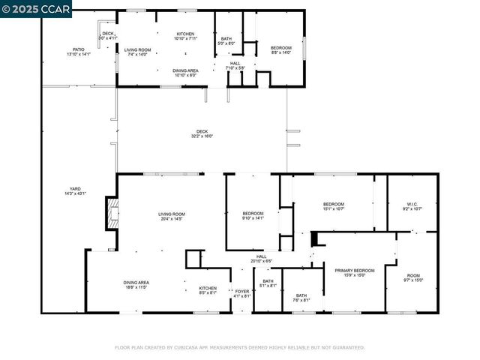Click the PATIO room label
click(x=79, y=52)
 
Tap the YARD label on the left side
click(x=75, y=190)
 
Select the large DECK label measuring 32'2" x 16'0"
click(x=202, y=133)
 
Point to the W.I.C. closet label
click(x=412, y=206)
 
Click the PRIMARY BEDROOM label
click(x=354, y=272)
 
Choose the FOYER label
click(x=241, y=292)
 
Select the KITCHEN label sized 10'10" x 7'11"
click(x=185, y=36)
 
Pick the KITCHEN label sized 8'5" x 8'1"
click(x=208, y=290)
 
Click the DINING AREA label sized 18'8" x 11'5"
click(x=136, y=285)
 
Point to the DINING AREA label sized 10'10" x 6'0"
click(x=185, y=73)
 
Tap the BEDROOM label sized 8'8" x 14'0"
click(x=281, y=49)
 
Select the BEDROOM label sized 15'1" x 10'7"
click(x=334, y=206)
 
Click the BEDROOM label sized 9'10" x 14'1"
click(x=253, y=215)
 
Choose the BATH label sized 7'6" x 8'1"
click(x=301, y=298)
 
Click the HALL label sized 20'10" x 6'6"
click(x=262, y=259)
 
